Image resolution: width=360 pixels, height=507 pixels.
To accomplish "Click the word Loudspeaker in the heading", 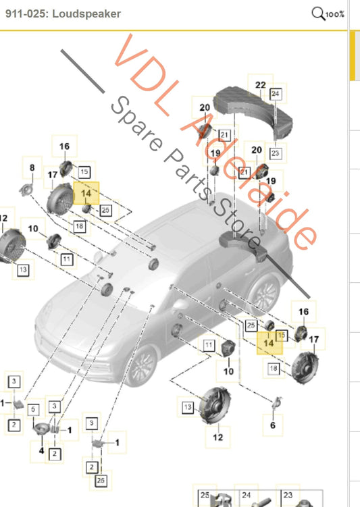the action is click(86, 14).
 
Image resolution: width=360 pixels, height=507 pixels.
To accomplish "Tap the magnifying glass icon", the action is click(318, 14).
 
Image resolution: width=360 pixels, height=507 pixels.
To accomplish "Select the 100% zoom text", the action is click(335, 15).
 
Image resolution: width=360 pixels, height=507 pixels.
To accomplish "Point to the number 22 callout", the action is click(261, 85).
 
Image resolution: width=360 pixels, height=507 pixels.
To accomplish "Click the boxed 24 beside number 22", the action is click(276, 94).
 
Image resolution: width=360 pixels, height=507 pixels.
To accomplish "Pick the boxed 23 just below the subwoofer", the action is click(276, 153).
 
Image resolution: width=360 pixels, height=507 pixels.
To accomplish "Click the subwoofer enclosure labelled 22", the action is click(253, 109).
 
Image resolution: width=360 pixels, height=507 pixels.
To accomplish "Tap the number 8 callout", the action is click(32, 167).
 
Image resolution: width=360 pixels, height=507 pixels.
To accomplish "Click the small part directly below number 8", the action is click(26, 189).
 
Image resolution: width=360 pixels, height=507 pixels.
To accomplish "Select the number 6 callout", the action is click(273, 425).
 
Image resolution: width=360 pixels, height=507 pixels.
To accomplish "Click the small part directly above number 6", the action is click(277, 402).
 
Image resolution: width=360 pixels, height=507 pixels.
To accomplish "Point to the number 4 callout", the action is click(41, 450).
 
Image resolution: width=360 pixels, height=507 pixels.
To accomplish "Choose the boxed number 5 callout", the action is click(33, 410).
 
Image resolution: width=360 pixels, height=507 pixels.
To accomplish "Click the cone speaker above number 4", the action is click(41, 429).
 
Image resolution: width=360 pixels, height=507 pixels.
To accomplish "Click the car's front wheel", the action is click(141, 365).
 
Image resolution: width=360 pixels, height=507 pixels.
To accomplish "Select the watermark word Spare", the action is click(136, 124).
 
